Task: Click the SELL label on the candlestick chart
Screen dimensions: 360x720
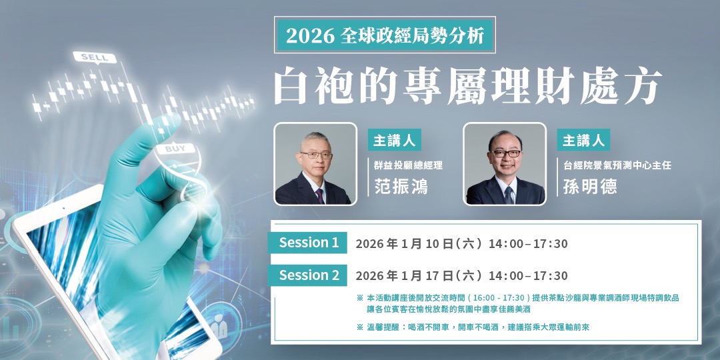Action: click(x=94, y=57)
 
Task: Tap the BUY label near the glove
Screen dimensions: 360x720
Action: click(x=175, y=148)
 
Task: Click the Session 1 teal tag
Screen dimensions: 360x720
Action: click(x=309, y=243)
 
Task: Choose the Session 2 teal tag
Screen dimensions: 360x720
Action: click(x=309, y=275)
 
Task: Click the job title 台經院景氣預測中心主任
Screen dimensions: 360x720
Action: click(x=617, y=165)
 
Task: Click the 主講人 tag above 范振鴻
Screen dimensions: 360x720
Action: click(x=394, y=141)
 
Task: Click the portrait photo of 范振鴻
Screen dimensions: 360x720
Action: click(x=315, y=164)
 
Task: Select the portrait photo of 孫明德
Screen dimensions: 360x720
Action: click(x=505, y=164)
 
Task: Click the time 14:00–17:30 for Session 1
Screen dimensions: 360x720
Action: click(x=528, y=244)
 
